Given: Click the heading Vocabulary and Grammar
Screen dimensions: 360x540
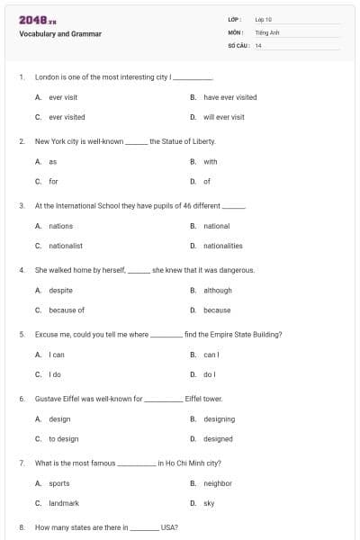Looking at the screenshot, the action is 60,34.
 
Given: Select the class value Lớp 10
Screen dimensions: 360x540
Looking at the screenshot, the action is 263,19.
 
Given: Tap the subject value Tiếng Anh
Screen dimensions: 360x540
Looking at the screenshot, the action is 267,31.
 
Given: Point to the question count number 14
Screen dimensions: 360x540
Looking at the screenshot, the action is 258,44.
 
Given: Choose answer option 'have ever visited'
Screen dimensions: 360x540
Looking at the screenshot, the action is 229,97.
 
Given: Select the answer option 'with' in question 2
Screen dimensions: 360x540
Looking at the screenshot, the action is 210,162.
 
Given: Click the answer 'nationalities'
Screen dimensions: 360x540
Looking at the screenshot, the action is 222,246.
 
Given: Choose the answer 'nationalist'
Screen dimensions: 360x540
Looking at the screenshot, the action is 66,246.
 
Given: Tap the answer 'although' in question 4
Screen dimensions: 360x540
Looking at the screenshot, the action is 217,291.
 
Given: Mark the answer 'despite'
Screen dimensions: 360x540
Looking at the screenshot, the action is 60,291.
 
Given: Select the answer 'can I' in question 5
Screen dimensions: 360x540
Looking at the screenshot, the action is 211,355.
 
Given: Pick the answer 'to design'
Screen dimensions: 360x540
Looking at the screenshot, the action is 64,439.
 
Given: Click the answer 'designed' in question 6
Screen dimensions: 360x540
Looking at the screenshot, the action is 218,439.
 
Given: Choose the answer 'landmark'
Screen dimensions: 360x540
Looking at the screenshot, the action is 64,503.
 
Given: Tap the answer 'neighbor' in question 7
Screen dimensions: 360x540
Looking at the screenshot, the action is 217,483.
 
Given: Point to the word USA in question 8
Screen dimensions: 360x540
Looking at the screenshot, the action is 168,527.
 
